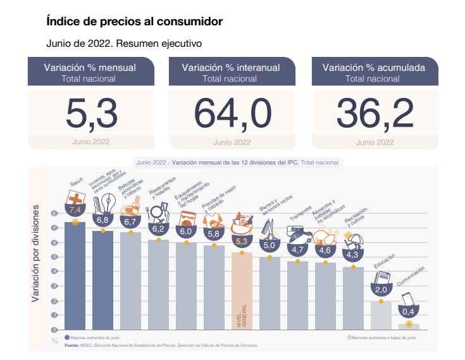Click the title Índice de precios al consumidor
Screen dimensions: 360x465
134,22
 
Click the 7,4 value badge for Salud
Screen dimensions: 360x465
75,209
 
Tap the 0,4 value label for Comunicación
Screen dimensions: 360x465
409,311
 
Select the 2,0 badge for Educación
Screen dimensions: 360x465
381,290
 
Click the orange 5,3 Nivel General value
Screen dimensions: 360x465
242,242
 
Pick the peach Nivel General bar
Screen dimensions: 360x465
242,285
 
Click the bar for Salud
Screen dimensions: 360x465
75,278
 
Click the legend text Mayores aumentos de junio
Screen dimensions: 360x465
95,338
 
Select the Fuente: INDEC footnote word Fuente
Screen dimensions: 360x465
71,345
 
